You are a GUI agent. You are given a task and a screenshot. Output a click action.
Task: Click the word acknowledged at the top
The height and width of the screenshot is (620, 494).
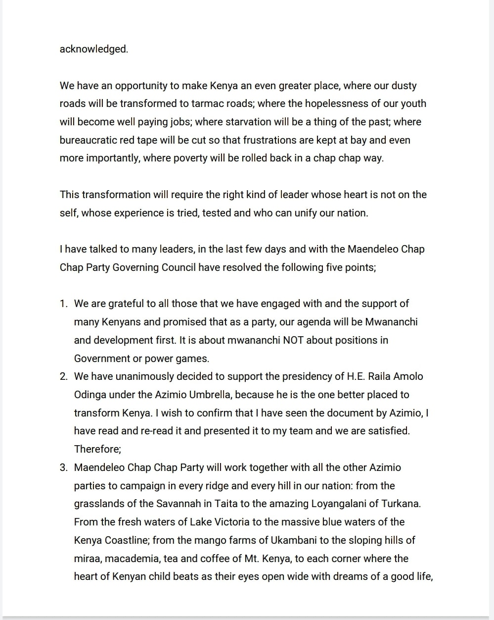(x=93, y=49)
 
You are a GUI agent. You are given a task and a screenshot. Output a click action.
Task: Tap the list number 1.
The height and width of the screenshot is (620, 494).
(x=63, y=304)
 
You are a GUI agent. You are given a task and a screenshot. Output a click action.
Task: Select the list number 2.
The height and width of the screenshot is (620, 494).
(x=63, y=376)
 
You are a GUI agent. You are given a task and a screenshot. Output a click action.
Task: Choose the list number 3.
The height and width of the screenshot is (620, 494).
(x=63, y=467)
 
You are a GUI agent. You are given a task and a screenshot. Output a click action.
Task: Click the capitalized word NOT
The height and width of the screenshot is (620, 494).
(x=294, y=340)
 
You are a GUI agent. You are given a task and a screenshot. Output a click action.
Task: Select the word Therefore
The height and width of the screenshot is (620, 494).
(x=97, y=449)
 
